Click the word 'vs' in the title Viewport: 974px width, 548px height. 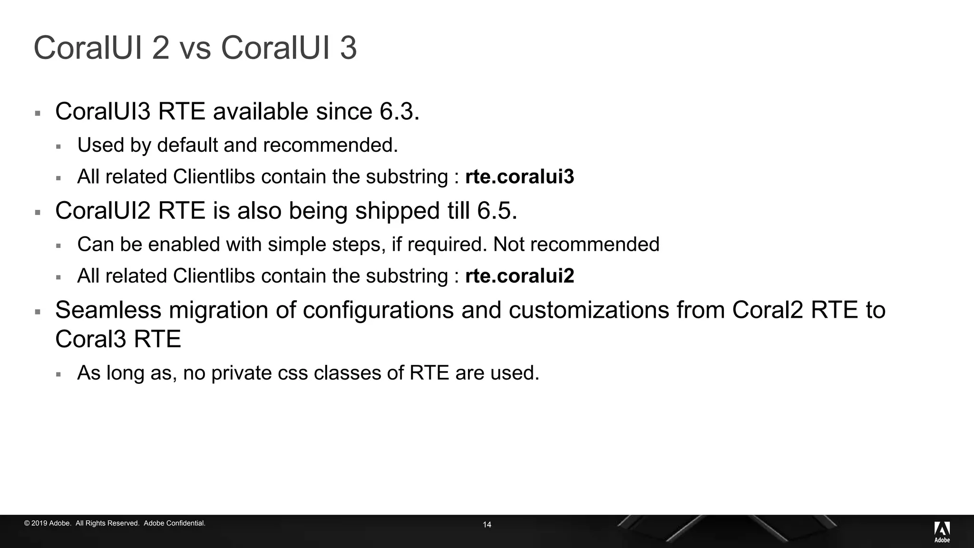[x=195, y=48]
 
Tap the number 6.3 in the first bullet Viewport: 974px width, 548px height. [x=399, y=112]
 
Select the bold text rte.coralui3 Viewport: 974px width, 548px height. [x=519, y=177]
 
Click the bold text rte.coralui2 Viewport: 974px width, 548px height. [x=519, y=276]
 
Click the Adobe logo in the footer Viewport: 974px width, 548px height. [x=942, y=531]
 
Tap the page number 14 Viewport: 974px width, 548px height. [x=487, y=525]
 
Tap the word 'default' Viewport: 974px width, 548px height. [x=187, y=146]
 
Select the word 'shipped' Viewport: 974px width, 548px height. [x=397, y=211]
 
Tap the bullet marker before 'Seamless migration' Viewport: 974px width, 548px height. [x=38, y=312]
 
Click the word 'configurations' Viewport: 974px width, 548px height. [x=378, y=310]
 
